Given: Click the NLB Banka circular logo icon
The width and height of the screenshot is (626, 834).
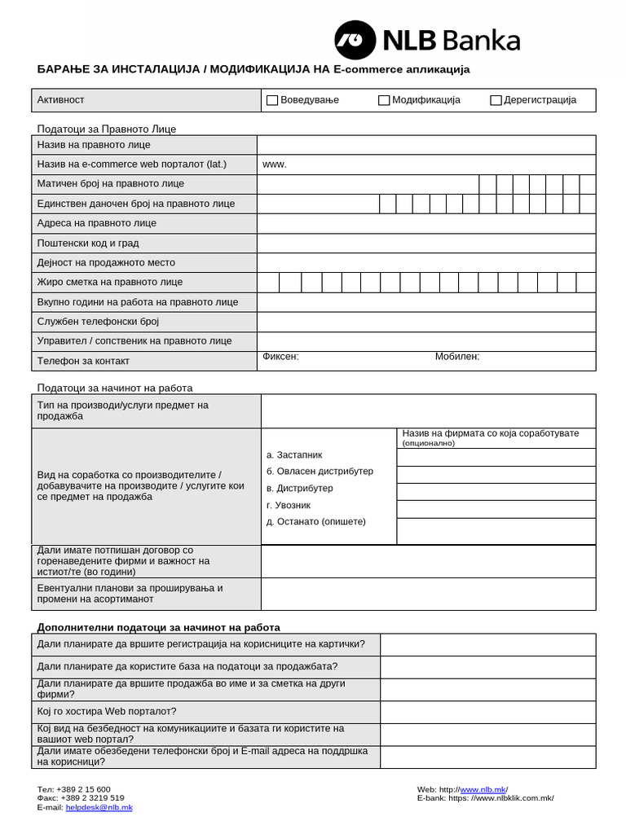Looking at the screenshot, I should point(355,40).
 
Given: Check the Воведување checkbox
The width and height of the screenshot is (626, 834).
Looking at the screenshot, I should point(272,100).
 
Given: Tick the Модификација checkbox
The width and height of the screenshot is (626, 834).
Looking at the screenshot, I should point(384,100).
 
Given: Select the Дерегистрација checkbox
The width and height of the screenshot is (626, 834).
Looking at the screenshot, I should point(496,100).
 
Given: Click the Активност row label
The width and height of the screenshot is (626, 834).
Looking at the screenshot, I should point(60,100).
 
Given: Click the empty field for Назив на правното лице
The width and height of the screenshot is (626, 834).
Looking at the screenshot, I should point(425,145).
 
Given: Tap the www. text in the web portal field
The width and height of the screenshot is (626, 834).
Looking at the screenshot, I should point(275,165).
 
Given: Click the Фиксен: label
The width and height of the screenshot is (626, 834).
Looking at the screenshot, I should point(280,357).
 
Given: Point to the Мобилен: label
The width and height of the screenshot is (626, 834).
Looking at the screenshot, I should point(457,357).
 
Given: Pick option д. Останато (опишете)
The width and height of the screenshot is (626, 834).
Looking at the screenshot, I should point(315,521).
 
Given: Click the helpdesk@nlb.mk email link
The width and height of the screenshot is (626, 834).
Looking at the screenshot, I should point(99,807).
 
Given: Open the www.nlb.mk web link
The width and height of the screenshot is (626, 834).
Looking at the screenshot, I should point(483,789).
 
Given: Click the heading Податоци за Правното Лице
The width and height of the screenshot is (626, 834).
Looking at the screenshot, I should point(106,129).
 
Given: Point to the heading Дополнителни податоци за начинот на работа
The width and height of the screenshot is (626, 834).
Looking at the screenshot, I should point(158,627).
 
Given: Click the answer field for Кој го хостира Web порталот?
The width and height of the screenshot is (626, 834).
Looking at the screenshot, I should point(487,712).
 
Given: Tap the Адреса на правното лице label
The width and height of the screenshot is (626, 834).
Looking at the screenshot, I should point(96,223).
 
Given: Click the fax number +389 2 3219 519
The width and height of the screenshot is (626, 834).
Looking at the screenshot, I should point(90,798).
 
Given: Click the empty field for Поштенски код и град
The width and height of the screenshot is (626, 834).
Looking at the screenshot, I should point(425,243).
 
